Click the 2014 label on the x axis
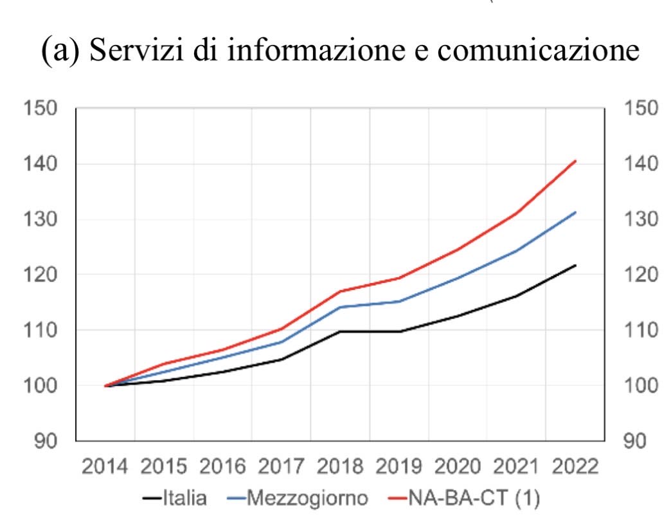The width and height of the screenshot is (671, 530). coord(105,466)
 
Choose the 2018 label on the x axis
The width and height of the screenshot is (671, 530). coord(340,466)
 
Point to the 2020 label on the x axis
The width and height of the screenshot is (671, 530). coord(457,466)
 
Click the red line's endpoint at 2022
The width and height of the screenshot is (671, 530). coord(575,161)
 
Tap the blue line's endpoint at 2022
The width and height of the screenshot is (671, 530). coord(575,212)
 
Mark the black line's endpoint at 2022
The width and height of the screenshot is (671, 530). coord(575,265)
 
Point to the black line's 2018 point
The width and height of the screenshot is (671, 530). coord(340,331)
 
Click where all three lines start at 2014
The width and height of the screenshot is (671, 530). coord(105,386)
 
